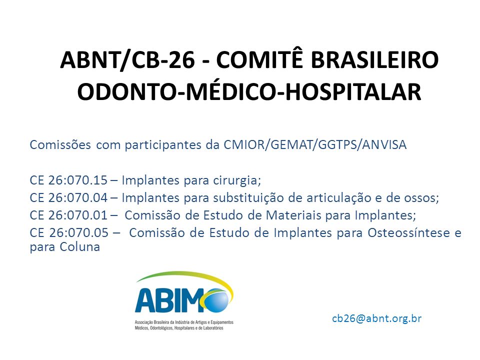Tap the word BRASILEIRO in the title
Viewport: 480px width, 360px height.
[x=374, y=59]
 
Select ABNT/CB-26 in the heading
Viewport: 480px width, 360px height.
[x=127, y=60]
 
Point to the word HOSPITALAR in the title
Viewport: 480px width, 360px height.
[x=353, y=91]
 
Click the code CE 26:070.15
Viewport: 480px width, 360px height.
[x=68, y=180]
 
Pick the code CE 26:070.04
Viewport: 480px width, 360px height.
[x=68, y=198]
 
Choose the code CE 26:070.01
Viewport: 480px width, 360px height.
[x=68, y=215]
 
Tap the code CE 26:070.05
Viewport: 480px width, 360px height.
[x=69, y=232]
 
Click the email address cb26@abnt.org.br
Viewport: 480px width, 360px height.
[x=377, y=318]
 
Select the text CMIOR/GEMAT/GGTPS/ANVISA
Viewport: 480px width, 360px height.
[x=315, y=145]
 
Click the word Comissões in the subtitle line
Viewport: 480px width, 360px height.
[x=60, y=144]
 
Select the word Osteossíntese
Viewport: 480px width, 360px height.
[x=408, y=232]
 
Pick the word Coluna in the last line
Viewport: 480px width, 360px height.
[x=80, y=246]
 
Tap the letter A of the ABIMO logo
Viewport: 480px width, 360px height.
[x=144, y=300]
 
